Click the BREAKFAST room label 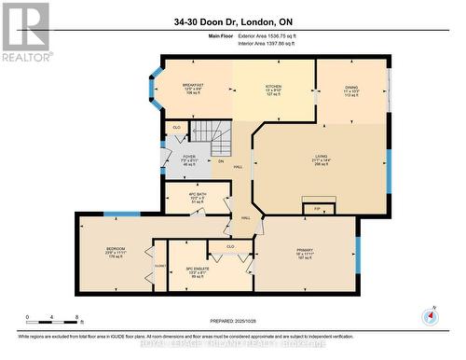click(193, 85)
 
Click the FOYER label click(187, 157)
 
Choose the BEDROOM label click(116, 249)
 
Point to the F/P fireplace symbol click(316, 209)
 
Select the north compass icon click(430, 315)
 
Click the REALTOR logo click(25, 32)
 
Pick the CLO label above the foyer click(177, 127)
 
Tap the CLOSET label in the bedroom click(159, 266)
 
